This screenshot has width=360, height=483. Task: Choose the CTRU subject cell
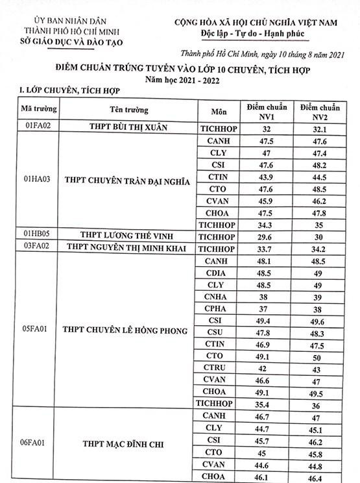click(x=215, y=367)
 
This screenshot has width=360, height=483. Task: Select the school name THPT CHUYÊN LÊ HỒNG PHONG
click(x=125, y=330)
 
